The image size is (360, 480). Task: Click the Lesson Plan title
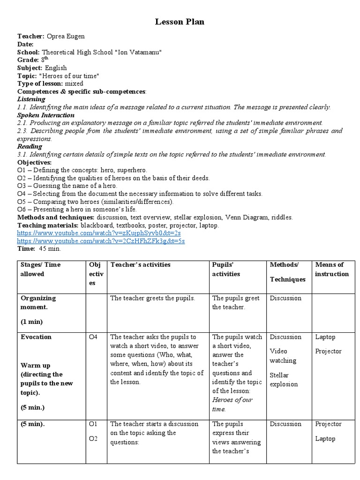(180, 22)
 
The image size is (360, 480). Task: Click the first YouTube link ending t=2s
(99, 232)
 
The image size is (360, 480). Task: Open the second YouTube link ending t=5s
(101, 240)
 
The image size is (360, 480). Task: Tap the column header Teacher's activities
(140, 264)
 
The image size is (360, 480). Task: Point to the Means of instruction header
(332, 269)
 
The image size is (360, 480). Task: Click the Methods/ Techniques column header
(287, 272)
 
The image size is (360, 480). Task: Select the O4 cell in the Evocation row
(93, 337)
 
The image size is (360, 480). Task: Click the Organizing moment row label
(38, 302)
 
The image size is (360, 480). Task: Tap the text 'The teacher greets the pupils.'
(152, 298)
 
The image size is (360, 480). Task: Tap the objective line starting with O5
(96, 202)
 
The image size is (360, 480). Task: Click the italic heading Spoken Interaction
(46, 115)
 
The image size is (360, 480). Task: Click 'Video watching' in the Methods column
(283, 356)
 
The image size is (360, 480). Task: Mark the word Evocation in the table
(36, 337)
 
